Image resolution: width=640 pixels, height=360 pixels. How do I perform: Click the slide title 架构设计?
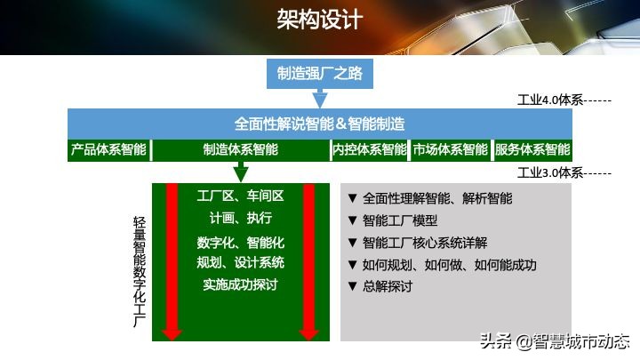click(x=320, y=20)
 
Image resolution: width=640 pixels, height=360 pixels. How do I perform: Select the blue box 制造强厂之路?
click(x=320, y=74)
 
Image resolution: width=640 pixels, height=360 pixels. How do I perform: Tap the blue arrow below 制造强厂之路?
click(x=320, y=99)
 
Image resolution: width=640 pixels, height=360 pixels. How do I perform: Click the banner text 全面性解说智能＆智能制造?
click(x=320, y=124)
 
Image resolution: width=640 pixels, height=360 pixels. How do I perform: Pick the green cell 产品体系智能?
click(x=108, y=150)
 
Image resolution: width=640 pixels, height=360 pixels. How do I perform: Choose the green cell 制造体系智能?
click(x=241, y=150)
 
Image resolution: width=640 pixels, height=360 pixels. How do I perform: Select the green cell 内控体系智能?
click(x=370, y=150)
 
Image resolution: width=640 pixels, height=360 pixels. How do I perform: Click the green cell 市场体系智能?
click(x=450, y=150)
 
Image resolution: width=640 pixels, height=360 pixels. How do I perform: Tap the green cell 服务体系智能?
click(x=532, y=150)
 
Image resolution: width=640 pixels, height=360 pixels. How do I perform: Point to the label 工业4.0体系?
click(x=550, y=100)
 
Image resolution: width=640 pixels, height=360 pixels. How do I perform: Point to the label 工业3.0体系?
click(x=550, y=173)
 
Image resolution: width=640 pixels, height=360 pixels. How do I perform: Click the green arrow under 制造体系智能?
click(x=241, y=172)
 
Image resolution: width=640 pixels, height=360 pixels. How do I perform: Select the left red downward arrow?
click(x=172, y=261)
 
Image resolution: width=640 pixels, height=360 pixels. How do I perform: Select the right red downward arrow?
click(x=309, y=261)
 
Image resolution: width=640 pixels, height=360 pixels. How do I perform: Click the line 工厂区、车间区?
click(x=240, y=196)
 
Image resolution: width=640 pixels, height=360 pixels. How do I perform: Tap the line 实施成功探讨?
click(x=240, y=284)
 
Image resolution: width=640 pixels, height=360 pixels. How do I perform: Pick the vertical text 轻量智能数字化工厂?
click(x=140, y=271)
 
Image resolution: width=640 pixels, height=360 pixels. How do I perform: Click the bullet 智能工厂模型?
click(x=393, y=220)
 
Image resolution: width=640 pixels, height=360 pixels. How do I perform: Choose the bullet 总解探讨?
click(x=380, y=286)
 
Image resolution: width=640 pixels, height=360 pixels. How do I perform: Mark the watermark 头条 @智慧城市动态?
click(x=555, y=341)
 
